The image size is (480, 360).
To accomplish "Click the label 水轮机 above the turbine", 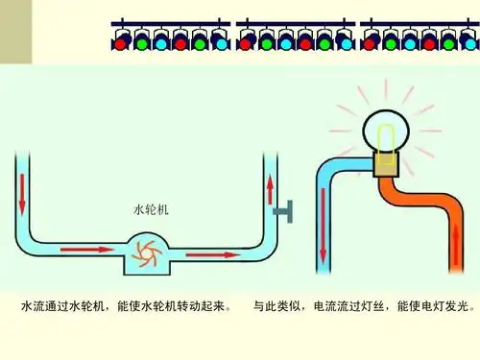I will pos(151,208).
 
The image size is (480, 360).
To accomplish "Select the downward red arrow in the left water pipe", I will pos(22,191).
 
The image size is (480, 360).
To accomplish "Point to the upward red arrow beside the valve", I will pos(270,188).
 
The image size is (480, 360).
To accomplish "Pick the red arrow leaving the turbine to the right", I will pos(208,255).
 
